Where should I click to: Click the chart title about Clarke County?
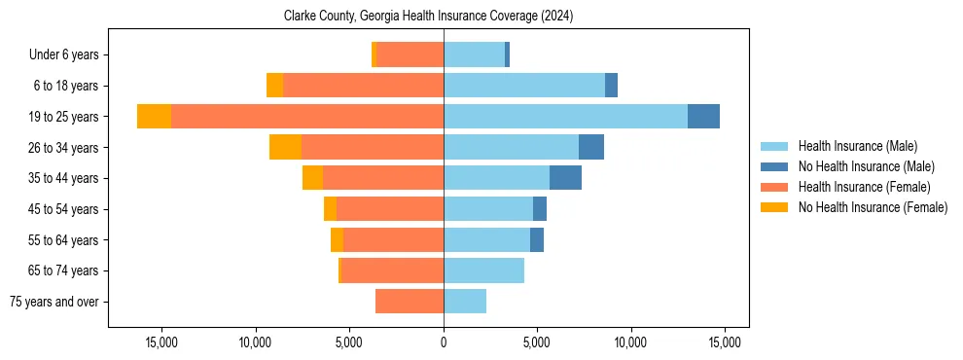coord(443,17)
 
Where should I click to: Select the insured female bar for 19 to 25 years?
coord(306,117)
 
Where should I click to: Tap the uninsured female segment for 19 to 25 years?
coord(154,117)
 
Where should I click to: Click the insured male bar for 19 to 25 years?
coord(565,117)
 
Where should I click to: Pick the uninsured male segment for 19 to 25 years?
coord(703,117)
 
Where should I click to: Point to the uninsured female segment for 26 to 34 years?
coord(285,147)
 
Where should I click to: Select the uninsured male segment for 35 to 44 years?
coord(565,178)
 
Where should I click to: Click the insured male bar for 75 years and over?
coord(465,302)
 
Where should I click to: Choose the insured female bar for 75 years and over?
coord(410,302)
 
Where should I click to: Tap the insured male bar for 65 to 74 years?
coord(483,270)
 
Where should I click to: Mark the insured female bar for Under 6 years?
coord(410,54)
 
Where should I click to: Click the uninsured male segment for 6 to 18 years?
coord(611,86)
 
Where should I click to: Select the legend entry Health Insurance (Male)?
coord(857,146)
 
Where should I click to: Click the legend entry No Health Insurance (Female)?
coord(873,207)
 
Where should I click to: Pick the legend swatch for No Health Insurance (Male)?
coord(774,166)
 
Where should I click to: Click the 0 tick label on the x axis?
coord(444,342)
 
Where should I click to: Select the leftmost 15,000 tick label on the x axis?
coord(160,342)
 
